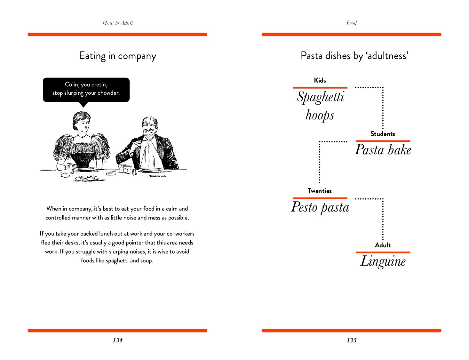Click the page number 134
click(117, 340)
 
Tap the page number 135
click(351, 340)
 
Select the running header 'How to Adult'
click(117, 23)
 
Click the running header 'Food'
click(351, 23)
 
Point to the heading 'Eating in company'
click(117, 56)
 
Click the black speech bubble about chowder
click(86, 90)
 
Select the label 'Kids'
click(320, 80)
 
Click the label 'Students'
click(383, 134)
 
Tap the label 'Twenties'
click(320, 191)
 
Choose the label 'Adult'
click(383, 245)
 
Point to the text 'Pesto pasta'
click(320, 207)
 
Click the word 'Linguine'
click(383, 261)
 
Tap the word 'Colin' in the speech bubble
click(72, 84)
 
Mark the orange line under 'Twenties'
click(320, 198)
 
